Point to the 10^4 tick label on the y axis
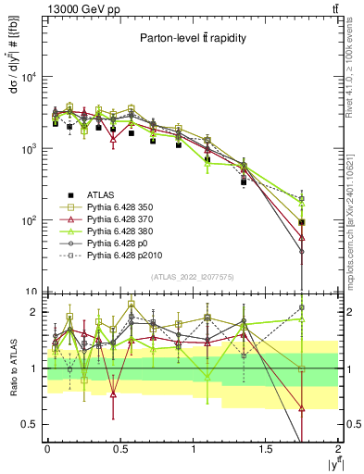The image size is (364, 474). [28, 78]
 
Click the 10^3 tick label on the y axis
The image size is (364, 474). [28, 149]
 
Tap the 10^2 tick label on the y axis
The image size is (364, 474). [28, 221]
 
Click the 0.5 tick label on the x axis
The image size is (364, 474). [119, 448]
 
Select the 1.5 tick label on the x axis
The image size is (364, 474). [266, 448]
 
